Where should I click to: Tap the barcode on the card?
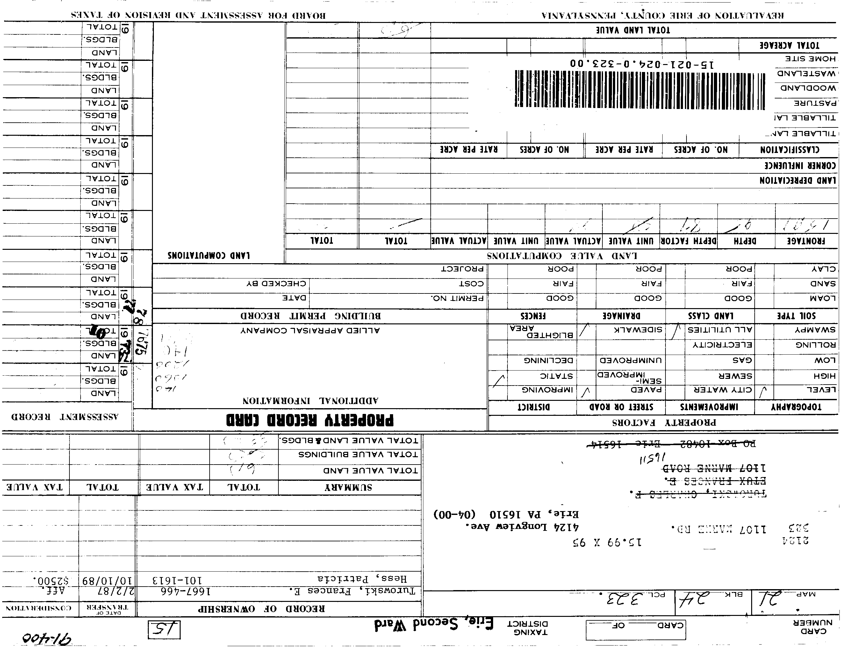coord(639,89)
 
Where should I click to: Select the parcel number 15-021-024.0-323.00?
coord(641,63)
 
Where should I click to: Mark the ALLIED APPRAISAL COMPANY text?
coord(310,330)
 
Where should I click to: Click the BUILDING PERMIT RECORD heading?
coord(310,316)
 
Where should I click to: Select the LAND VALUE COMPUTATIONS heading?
coord(562,256)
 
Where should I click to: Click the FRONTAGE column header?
coord(806,241)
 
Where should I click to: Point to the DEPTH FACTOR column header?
coord(688,241)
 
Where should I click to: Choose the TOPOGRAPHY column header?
coord(796,407)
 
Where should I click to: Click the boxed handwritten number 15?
coord(164,630)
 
